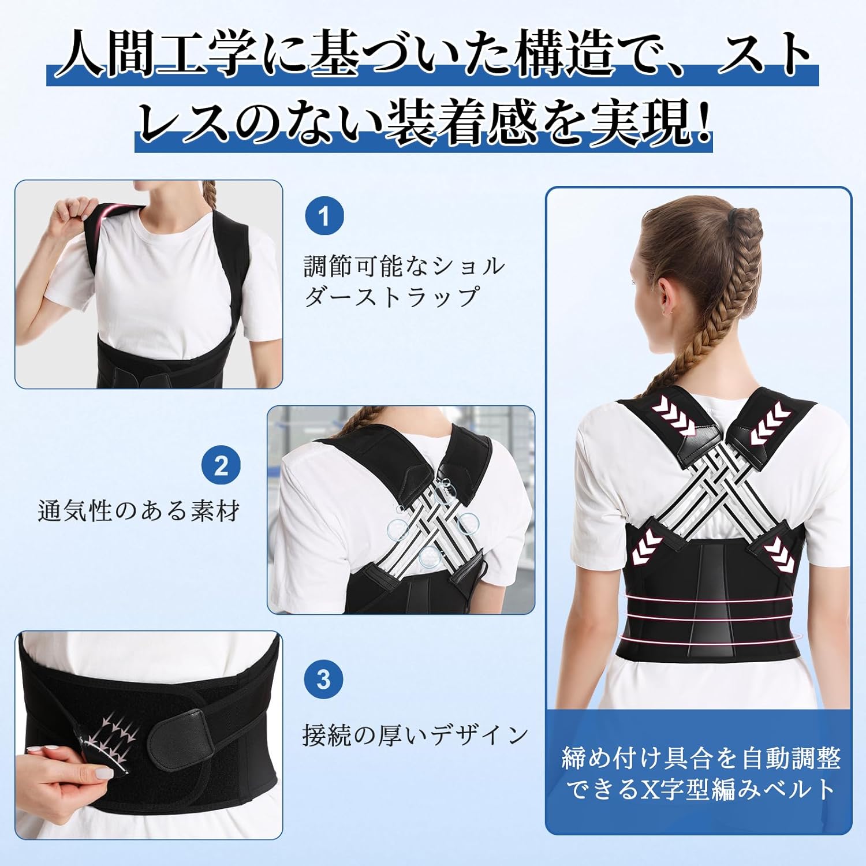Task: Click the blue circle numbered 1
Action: pyautogui.click(x=324, y=217)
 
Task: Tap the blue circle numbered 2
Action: pyautogui.click(x=222, y=465)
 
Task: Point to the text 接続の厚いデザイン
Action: pyautogui.click(x=416, y=735)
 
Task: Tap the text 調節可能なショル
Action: pyautogui.click(x=404, y=266)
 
